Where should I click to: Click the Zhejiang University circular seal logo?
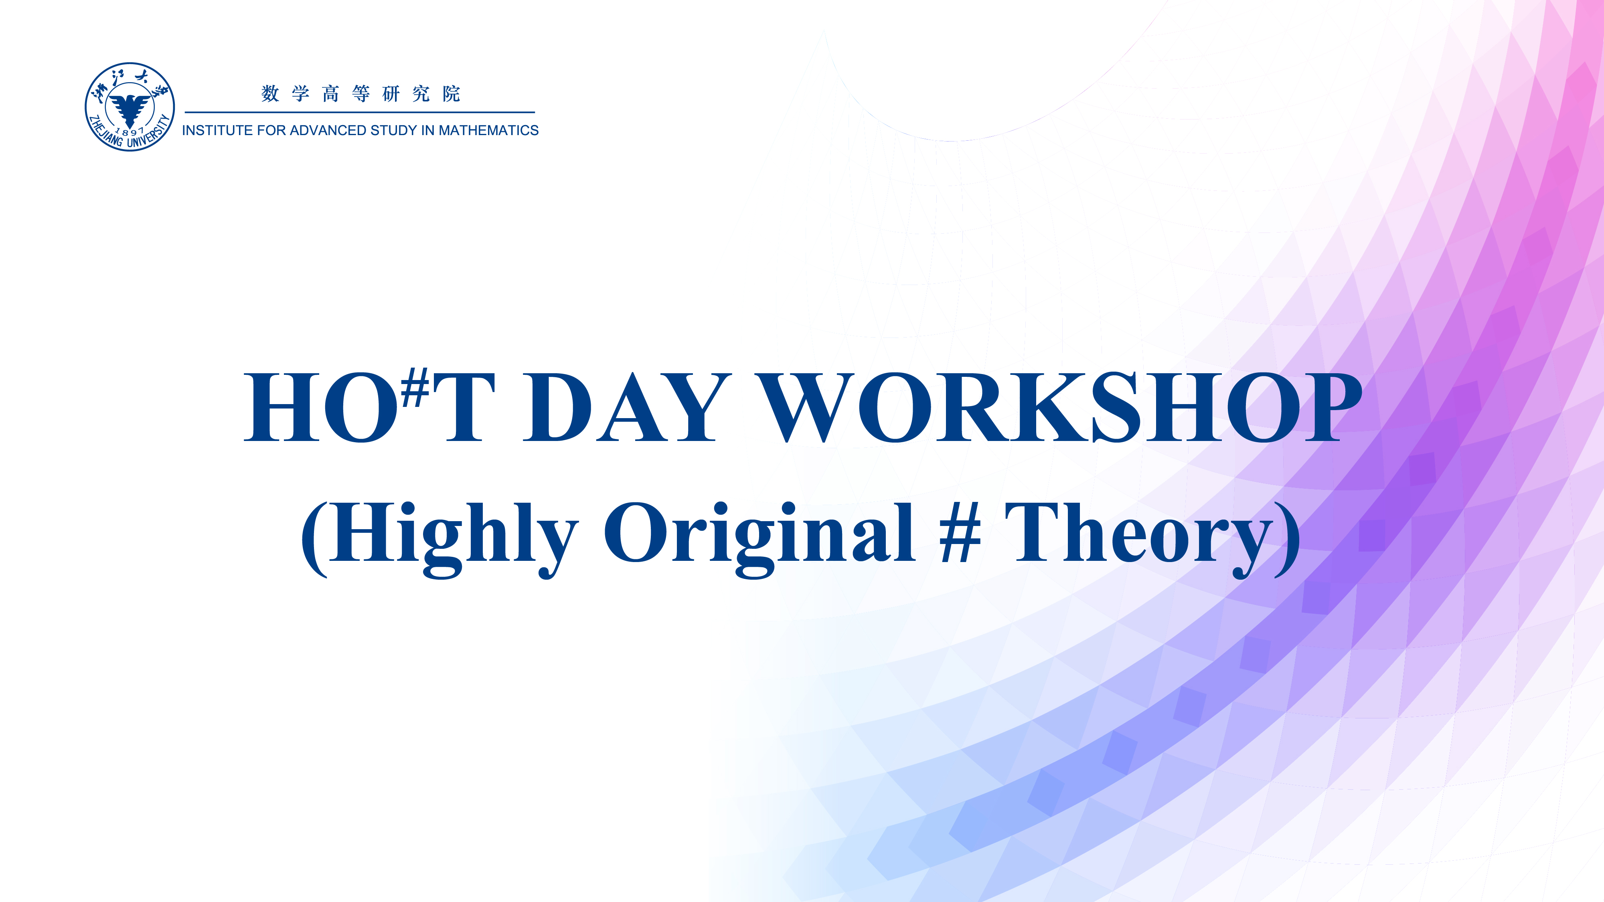[x=130, y=107]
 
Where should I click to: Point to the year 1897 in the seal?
[x=130, y=132]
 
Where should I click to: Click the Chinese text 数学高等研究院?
[x=360, y=94]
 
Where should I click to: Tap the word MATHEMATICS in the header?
[x=489, y=131]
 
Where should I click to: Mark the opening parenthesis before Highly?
[x=314, y=538]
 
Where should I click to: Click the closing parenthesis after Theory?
[x=1288, y=538]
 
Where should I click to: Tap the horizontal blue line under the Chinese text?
[x=360, y=113]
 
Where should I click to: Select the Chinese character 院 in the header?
[x=452, y=94]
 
